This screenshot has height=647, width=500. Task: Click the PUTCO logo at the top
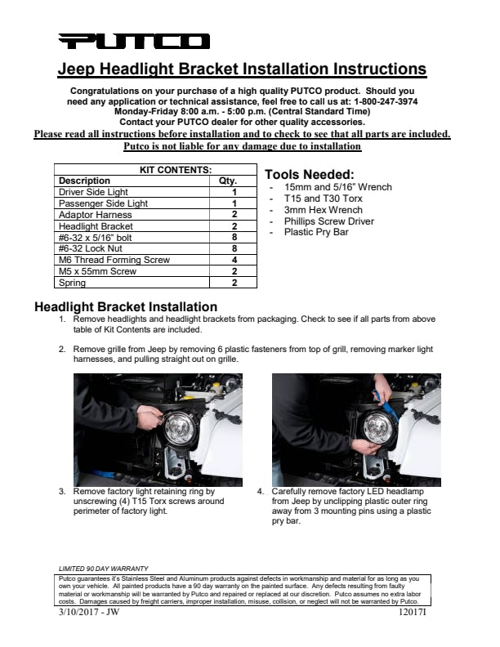click(x=133, y=42)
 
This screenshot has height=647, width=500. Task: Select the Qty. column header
click(x=228, y=181)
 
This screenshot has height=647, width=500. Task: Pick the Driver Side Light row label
click(x=94, y=192)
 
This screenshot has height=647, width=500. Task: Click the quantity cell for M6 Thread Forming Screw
click(x=234, y=260)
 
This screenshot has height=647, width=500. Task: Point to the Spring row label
click(x=73, y=283)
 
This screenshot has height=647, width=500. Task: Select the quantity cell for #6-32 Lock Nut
click(x=234, y=248)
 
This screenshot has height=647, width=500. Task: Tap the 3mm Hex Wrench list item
click(x=323, y=210)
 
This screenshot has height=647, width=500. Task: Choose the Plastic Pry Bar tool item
click(x=317, y=233)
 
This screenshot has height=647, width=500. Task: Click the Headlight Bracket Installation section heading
click(x=125, y=308)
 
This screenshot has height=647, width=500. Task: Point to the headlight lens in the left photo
click(x=179, y=427)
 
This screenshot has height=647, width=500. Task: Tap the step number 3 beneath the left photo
click(x=62, y=492)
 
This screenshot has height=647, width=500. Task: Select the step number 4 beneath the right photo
click(x=260, y=492)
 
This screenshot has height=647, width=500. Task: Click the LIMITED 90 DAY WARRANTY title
click(x=104, y=568)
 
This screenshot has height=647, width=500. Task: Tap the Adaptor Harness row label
click(x=91, y=215)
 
